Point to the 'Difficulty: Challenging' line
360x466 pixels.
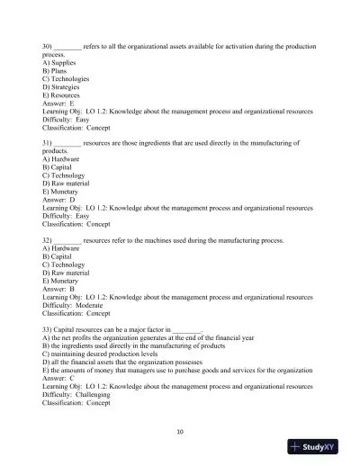(x=77, y=394)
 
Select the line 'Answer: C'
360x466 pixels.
(x=58, y=378)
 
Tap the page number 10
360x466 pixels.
(x=180, y=431)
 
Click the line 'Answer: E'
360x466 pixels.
(x=58, y=103)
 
